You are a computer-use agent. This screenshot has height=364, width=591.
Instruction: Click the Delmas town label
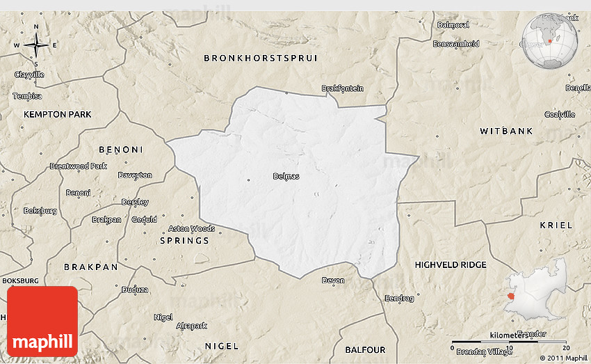click(286, 176)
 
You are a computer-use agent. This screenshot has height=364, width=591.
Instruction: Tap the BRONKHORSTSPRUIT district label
click(261, 58)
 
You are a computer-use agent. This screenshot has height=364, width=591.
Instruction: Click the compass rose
click(35, 46)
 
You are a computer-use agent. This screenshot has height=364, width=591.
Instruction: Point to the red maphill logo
click(42, 321)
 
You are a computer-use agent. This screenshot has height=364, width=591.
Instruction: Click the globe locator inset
click(549, 42)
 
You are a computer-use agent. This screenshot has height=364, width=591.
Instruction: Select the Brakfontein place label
click(342, 88)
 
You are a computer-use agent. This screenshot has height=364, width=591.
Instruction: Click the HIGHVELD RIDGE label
click(451, 265)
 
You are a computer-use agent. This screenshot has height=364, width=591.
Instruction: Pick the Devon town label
click(333, 280)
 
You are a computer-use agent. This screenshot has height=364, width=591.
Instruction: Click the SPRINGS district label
click(184, 241)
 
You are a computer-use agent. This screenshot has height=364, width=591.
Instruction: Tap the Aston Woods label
click(191, 228)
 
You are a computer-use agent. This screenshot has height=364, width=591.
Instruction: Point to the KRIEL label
click(556, 225)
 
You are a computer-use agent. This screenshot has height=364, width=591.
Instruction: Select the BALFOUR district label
click(365, 349)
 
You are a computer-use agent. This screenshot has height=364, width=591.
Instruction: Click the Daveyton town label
click(135, 175)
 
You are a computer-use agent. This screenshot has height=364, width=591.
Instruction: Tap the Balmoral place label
click(453, 25)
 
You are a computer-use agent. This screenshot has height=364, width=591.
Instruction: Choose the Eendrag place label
click(400, 298)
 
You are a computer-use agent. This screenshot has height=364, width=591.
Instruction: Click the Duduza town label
click(135, 290)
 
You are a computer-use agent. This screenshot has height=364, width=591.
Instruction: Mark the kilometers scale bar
click(510, 342)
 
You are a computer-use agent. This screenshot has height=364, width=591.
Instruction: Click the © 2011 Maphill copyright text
click(562, 358)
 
